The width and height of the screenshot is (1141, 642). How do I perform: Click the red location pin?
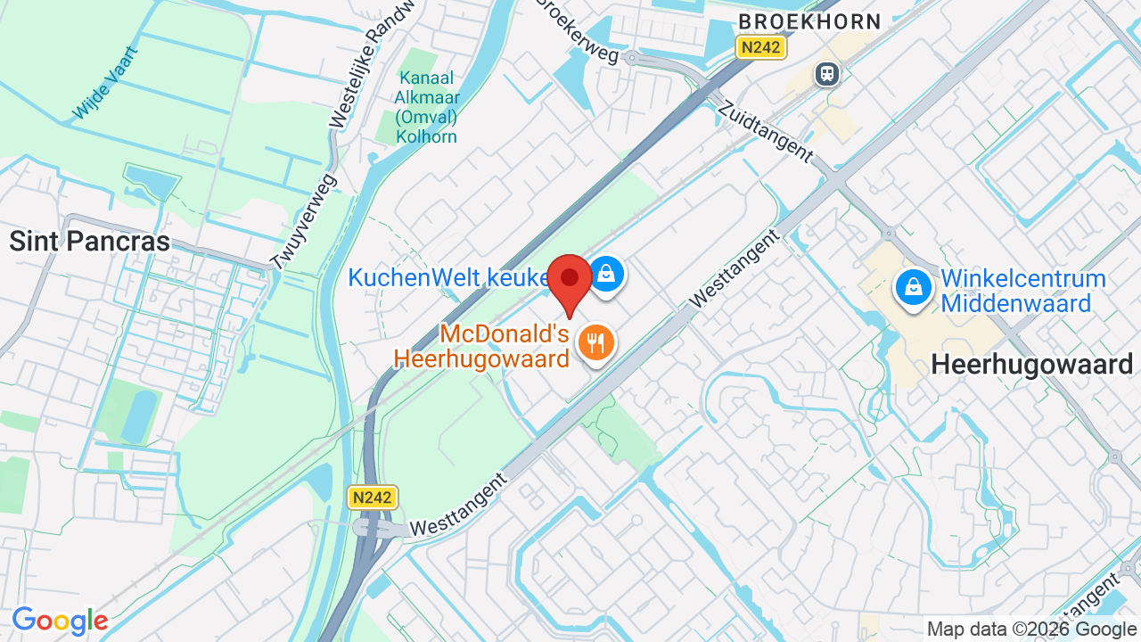pos(570,280)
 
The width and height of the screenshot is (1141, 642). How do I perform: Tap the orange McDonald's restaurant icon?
pos(595,342)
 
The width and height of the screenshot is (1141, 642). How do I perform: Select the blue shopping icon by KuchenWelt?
pos(606,274)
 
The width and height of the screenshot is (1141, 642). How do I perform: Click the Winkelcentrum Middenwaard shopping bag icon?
pos(913,288)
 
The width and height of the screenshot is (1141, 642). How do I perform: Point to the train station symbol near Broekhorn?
pos(827,74)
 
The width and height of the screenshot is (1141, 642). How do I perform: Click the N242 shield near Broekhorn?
pos(761,47)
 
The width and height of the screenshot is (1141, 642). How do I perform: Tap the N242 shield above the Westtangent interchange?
pos(373,498)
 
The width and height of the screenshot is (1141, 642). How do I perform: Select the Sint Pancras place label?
pos(89,241)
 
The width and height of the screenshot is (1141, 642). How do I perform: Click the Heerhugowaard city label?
pos(1031,364)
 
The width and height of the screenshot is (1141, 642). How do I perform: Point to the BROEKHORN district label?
pos(809,21)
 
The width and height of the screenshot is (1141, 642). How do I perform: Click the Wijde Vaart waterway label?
pos(106,83)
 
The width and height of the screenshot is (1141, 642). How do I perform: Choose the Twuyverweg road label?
pos(303,220)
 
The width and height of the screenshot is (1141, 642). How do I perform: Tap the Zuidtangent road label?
pos(766,130)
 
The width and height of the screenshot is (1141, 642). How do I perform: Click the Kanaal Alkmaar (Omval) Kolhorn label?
pos(427,107)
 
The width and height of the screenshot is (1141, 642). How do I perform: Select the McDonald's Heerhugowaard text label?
pos(481,347)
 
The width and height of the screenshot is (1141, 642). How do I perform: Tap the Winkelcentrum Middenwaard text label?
pos(1023,292)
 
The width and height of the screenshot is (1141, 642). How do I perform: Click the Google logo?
pos(60,621)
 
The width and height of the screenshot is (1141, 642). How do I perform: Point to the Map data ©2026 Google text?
pos(1032,630)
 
